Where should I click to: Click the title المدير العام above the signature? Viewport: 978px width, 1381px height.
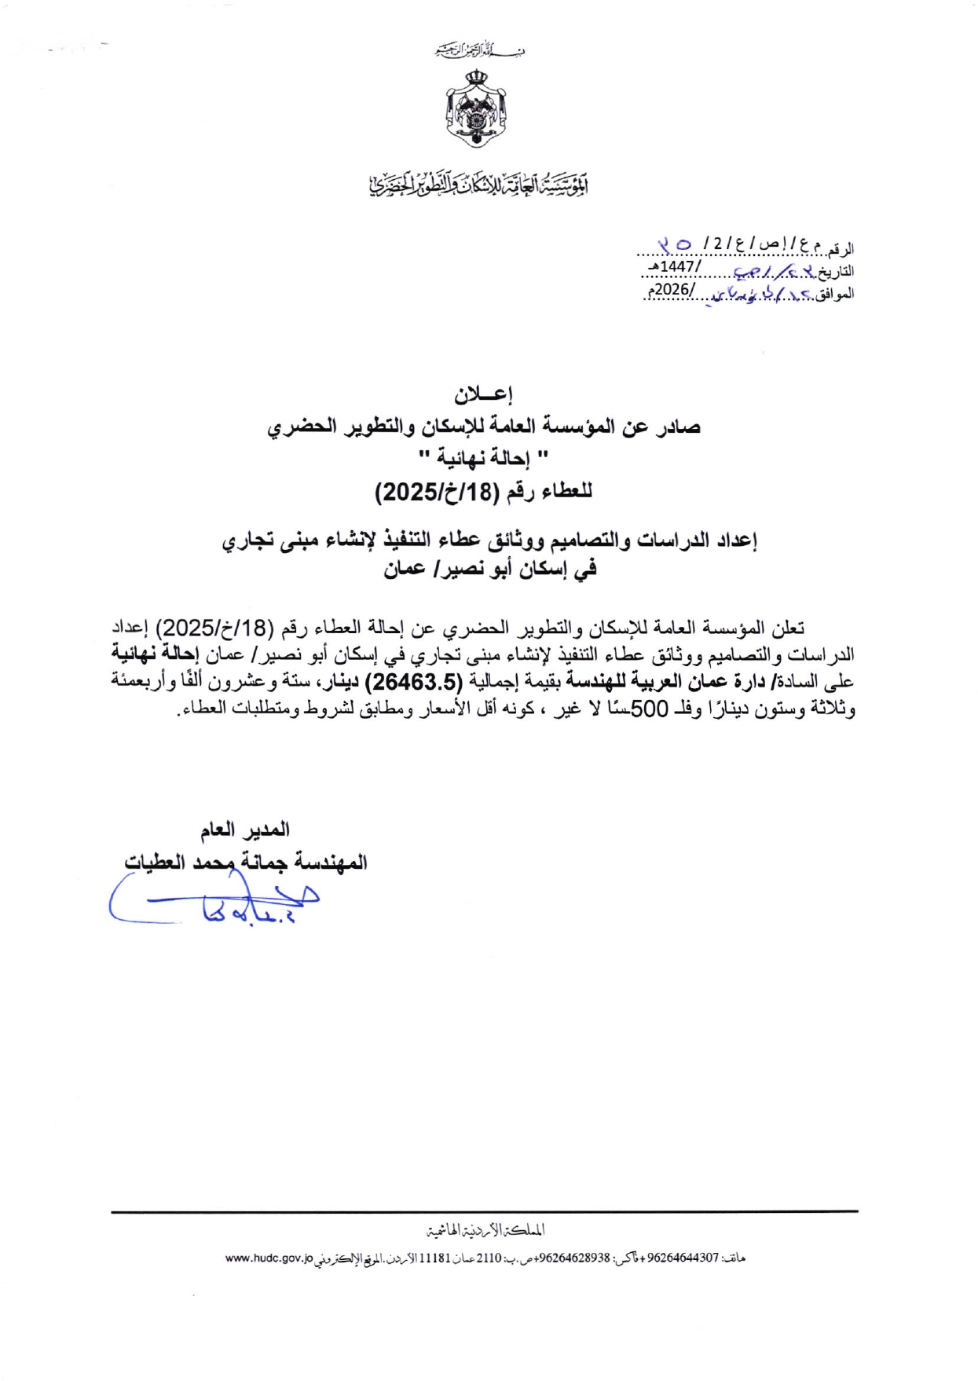[244, 830]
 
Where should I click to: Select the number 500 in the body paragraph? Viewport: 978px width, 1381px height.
[649, 709]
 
